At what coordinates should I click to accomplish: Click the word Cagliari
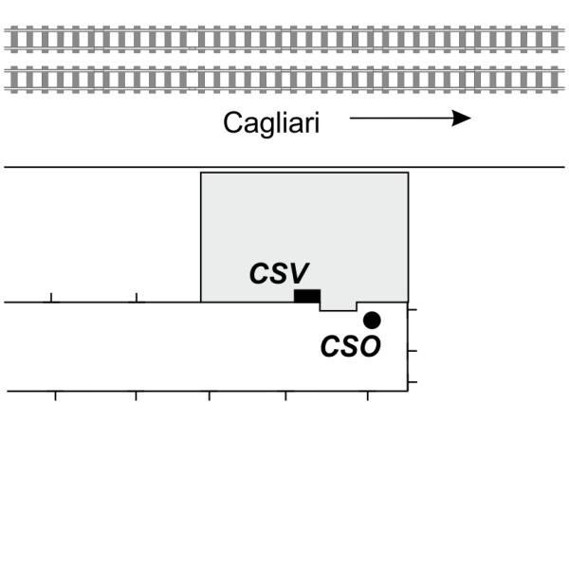(270, 123)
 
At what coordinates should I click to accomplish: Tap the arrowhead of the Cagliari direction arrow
(462, 119)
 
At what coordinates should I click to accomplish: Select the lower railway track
(284, 80)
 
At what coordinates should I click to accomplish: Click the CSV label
(280, 274)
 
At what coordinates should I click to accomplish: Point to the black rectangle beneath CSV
(306, 296)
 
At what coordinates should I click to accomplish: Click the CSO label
(350, 347)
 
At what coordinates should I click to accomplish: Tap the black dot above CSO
(372, 320)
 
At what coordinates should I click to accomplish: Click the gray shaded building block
(303, 228)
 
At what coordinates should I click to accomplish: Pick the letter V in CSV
(300, 274)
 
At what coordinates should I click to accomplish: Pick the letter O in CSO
(370, 347)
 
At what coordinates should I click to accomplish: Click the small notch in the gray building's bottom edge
(338, 306)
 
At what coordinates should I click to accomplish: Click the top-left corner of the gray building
(201, 173)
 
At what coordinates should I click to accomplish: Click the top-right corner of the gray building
(408, 173)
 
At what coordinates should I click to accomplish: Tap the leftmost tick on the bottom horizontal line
(55, 395)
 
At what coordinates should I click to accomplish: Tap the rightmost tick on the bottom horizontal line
(368, 395)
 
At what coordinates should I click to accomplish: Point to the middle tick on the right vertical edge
(413, 351)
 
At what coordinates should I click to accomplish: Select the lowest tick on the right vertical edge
(413, 381)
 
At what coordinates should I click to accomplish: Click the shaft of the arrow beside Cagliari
(398, 119)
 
